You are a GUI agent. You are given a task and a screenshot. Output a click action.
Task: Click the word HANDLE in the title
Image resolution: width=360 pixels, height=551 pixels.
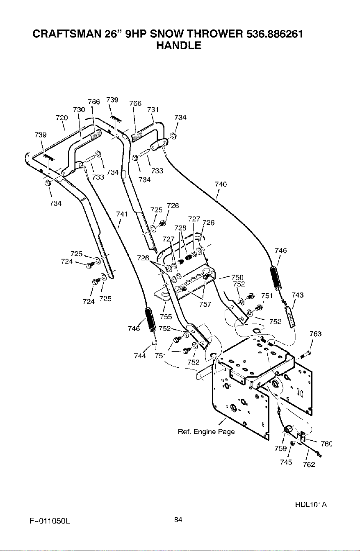click(x=179, y=46)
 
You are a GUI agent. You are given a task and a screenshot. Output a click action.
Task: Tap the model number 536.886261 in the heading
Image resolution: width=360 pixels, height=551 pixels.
click(x=275, y=34)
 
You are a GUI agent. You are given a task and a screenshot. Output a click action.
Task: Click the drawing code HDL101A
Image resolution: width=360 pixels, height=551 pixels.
click(x=311, y=505)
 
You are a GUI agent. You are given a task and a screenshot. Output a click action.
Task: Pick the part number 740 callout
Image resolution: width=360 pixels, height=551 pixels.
click(x=221, y=184)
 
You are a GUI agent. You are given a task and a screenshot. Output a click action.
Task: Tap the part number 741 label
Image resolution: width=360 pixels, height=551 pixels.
click(x=122, y=214)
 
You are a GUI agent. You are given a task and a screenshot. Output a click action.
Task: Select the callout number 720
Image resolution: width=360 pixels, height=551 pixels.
click(x=62, y=118)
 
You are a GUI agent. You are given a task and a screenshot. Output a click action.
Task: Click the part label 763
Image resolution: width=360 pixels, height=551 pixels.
click(x=315, y=334)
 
